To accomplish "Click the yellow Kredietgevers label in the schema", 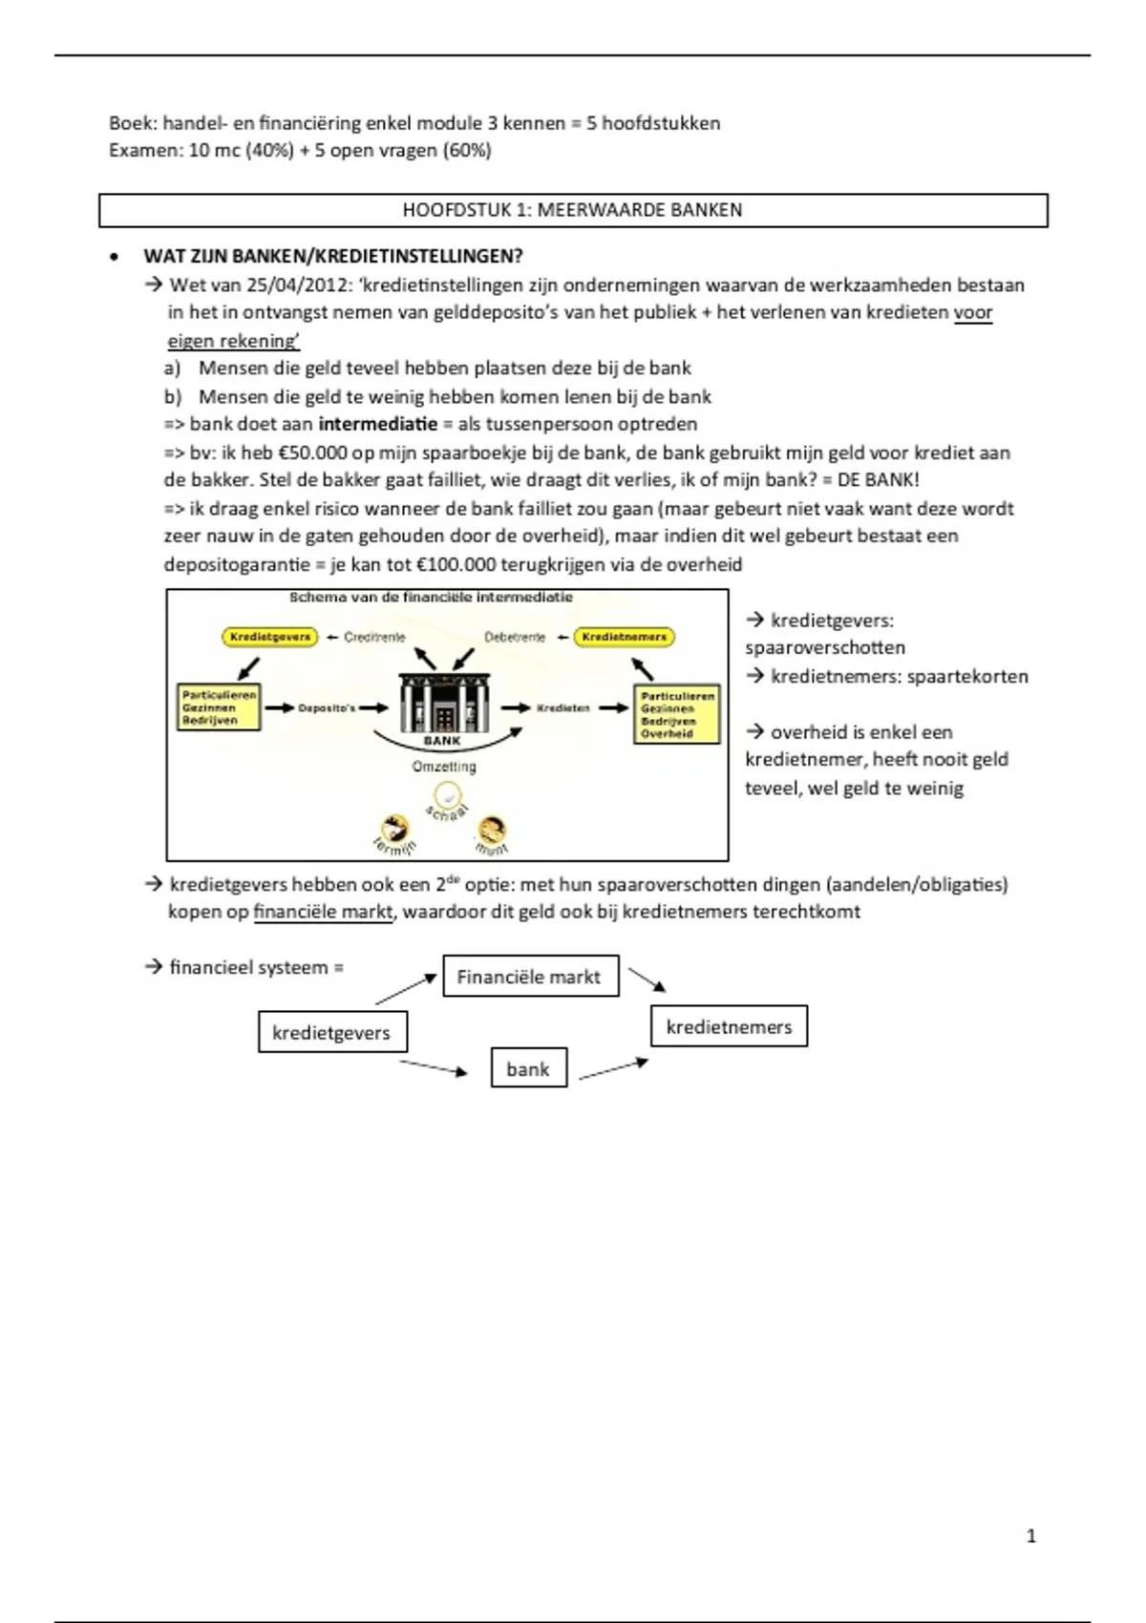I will point(270,637).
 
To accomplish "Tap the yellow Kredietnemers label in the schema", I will point(624,637).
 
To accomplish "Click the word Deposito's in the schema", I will point(326,708).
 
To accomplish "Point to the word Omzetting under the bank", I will point(444,767).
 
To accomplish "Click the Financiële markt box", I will point(530,977).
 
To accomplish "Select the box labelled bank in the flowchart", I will point(528,1069).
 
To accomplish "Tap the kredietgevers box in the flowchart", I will point(331,1033).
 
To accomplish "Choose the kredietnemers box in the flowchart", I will point(729,1027).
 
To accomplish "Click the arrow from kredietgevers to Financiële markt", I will point(406,989).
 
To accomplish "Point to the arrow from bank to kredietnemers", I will point(613,1068).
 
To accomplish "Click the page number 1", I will point(1030,1536).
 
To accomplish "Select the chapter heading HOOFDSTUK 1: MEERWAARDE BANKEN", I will point(572,210).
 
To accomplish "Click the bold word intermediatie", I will point(377,424).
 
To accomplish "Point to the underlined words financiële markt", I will point(323,912).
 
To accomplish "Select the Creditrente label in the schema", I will point(374,637).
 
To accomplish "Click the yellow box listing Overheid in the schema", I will point(676,715).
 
